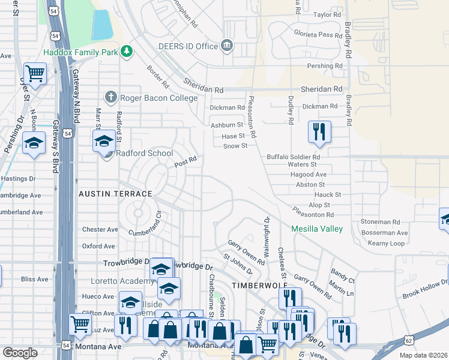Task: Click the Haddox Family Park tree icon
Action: (x=126, y=52)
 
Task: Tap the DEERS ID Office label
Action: (x=187, y=46)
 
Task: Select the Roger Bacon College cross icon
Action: (x=110, y=97)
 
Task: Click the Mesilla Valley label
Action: (x=317, y=229)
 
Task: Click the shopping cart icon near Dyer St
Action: (x=35, y=74)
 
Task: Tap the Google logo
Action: (x=20, y=353)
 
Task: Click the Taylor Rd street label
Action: (x=327, y=14)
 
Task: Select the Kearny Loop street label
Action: (x=387, y=243)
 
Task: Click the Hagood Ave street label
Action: (x=307, y=174)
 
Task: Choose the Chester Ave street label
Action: (x=100, y=229)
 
